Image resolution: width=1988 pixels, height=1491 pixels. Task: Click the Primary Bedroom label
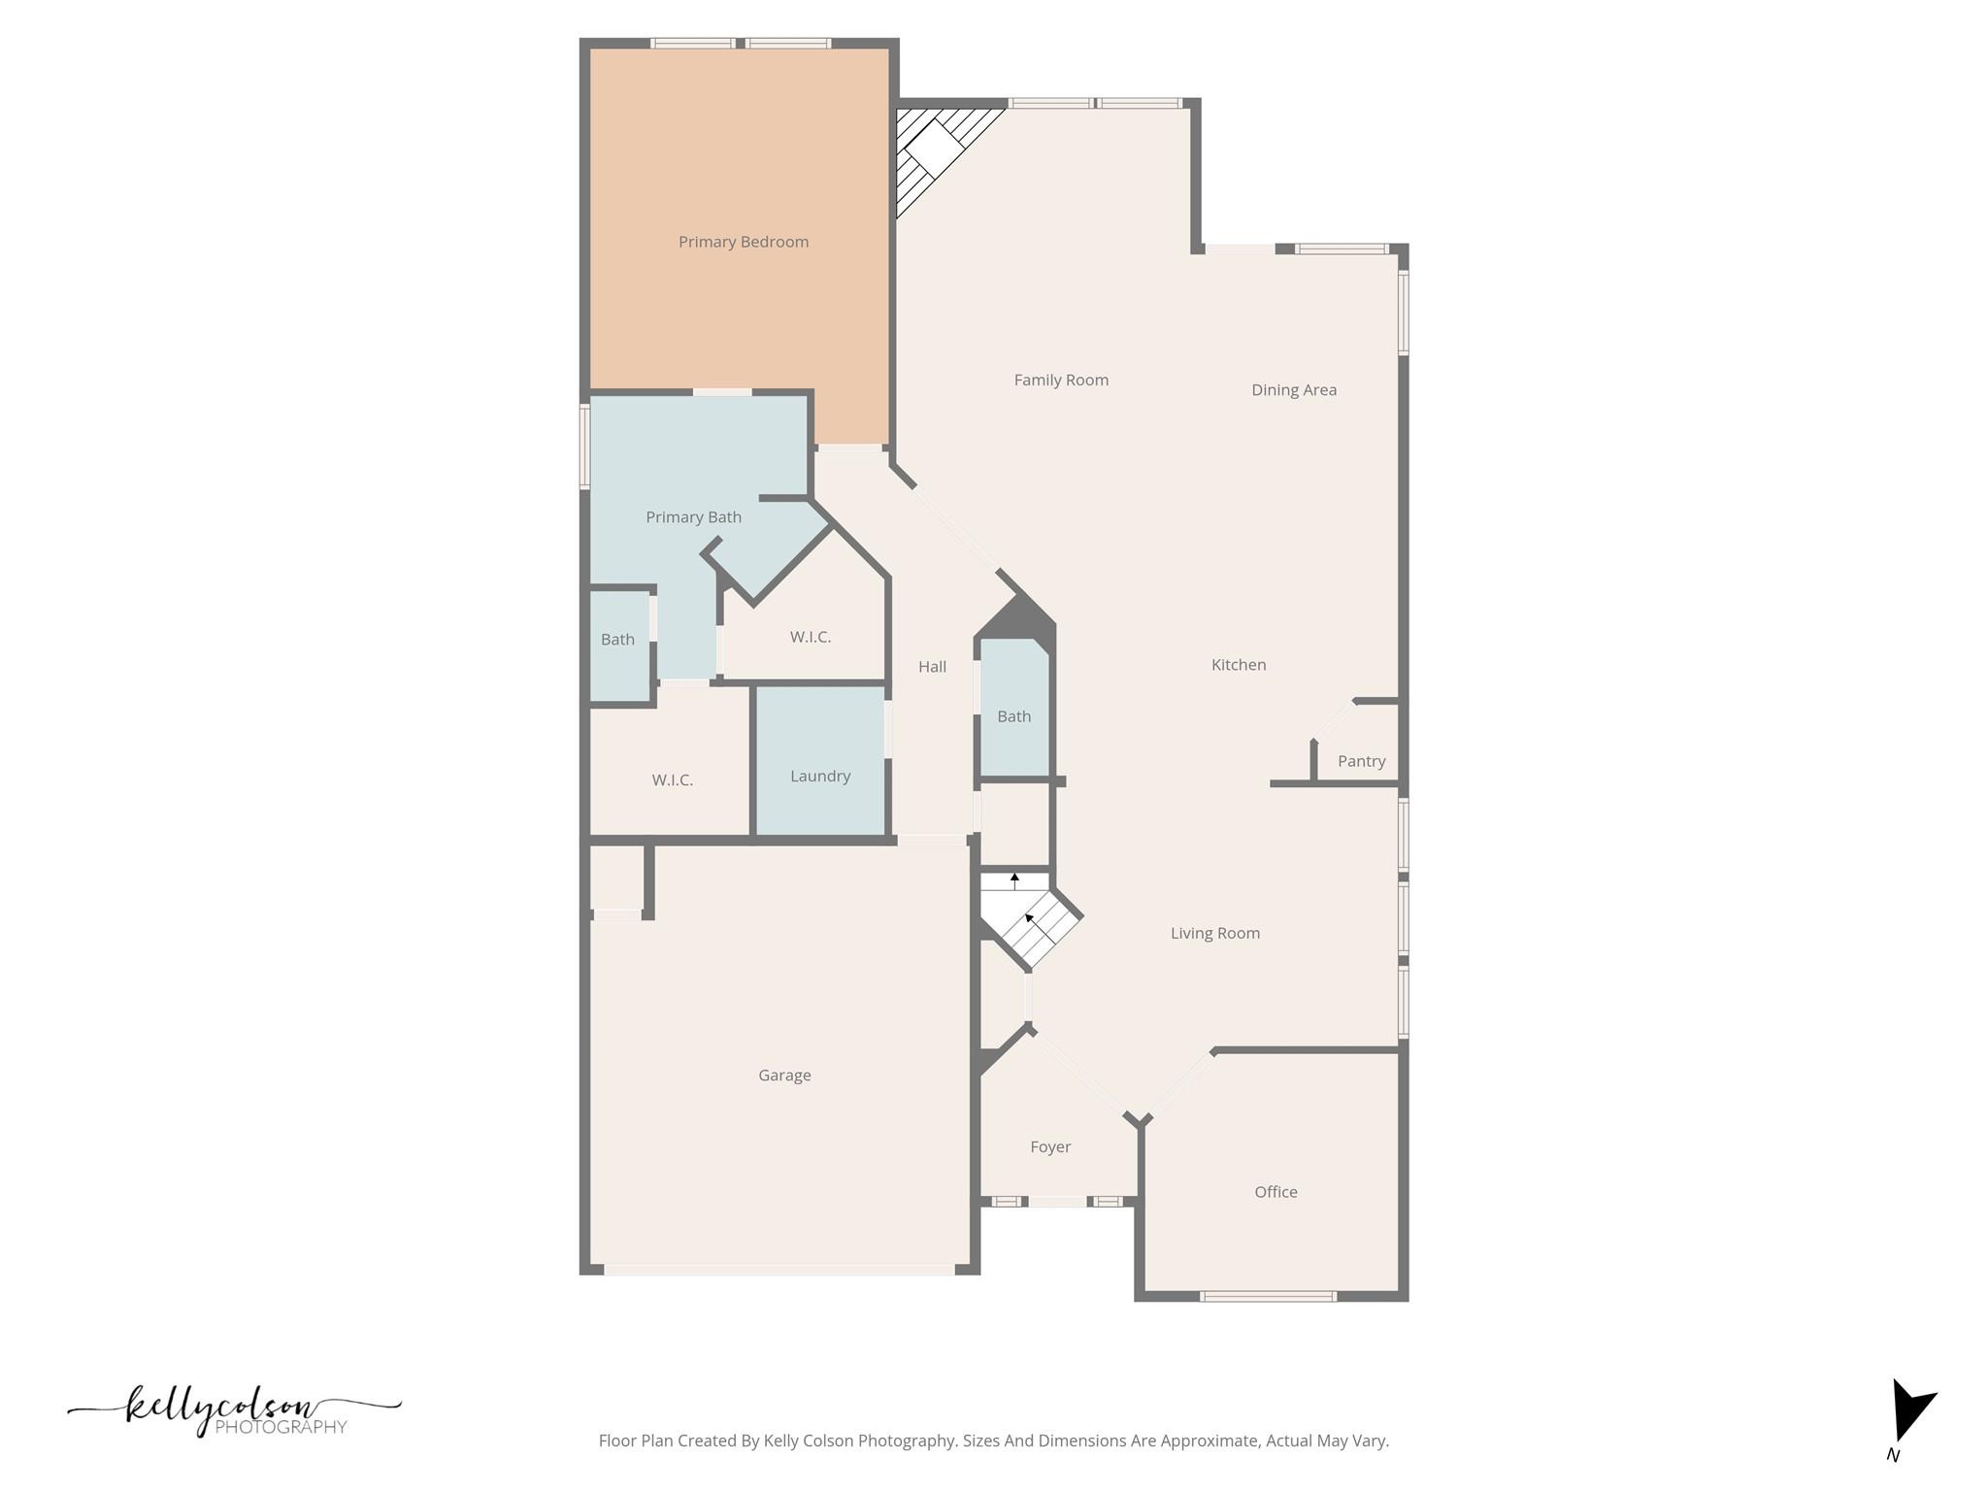pos(743,242)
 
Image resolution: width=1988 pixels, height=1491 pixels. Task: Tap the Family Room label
pos(1061,380)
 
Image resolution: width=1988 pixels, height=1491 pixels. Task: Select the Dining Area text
pos(1293,389)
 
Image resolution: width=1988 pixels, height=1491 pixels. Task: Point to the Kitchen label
pos(1238,664)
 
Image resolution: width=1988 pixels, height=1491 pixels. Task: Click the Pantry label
pos(1361,761)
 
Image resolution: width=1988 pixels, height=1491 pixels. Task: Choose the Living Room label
pos(1214,933)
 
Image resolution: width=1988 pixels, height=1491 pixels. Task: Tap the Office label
pos(1275,1191)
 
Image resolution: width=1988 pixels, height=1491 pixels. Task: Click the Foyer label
pos(1049,1146)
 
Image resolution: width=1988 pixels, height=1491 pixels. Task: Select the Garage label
pos(784,1075)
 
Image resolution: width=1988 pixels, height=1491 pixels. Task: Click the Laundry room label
pos(819,776)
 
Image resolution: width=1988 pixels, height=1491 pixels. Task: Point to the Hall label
pos(932,666)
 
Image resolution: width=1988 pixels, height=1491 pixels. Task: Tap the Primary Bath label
pos(693,516)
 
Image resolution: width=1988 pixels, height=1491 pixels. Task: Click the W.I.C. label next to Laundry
pos(672,779)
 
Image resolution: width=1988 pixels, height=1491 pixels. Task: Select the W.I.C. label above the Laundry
pos(810,637)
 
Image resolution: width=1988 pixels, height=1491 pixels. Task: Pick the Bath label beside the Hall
pos(1013,716)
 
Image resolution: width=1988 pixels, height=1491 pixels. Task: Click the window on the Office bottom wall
pos(1268,1296)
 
